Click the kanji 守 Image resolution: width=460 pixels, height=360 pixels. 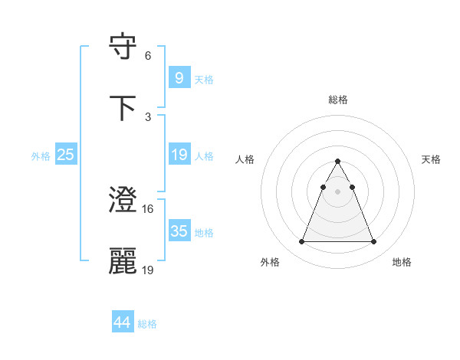[x=123, y=48]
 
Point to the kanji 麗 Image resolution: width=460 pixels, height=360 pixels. [x=123, y=261]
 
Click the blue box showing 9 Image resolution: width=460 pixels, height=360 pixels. [x=179, y=77]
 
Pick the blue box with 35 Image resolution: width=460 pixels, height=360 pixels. [x=179, y=231]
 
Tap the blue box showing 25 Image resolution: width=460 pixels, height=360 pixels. [x=66, y=155]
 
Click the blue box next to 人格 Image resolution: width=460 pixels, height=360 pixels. [x=179, y=155]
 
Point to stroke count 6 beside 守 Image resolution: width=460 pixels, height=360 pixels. [x=148, y=55]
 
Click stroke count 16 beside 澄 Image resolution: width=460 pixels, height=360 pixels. [x=148, y=208]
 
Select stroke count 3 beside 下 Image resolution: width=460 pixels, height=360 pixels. [x=148, y=116]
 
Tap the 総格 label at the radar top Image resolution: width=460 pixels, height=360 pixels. [x=338, y=100]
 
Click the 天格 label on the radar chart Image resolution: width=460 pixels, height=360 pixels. [x=432, y=159]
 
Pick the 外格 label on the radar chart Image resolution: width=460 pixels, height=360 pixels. [x=270, y=262]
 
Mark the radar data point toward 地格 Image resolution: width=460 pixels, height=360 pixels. [x=374, y=242]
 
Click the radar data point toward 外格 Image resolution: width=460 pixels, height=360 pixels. [x=301, y=242]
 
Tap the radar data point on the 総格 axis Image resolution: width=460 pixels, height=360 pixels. [x=337, y=162]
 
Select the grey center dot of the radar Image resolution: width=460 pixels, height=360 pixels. [x=337, y=191]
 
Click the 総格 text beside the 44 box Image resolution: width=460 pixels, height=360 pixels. [x=147, y=324]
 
